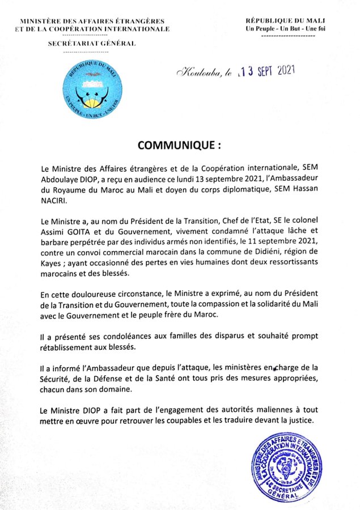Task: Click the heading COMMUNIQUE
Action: point(176,145)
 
